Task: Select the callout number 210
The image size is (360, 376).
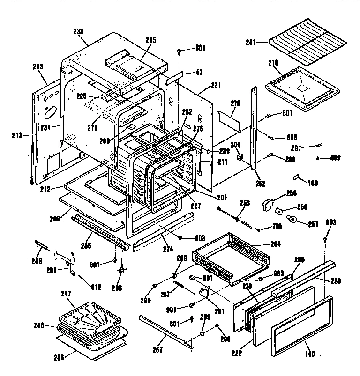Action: tap(273, 62)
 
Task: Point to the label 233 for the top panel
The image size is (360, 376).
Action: tap(78, 32)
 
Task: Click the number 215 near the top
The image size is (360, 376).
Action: tap(150, 41)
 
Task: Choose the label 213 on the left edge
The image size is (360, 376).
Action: tap(17, 136)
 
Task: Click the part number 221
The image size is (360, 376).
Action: tap(215, 85)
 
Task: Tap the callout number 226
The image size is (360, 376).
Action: tap(336, 281)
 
